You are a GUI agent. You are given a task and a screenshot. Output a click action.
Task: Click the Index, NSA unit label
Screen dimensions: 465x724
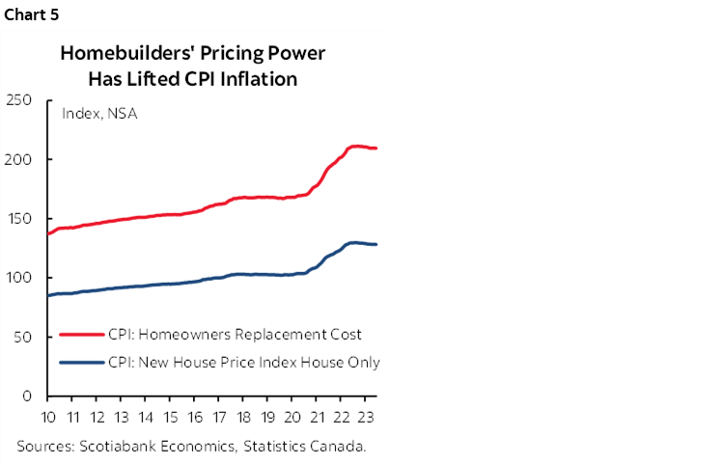[99, 114]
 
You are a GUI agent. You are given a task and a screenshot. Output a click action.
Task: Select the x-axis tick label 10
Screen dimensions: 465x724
[48, 418]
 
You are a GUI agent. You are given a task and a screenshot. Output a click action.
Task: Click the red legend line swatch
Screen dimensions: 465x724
[82, 334]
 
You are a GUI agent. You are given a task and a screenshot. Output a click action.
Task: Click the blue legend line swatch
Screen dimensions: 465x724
[82, 363]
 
